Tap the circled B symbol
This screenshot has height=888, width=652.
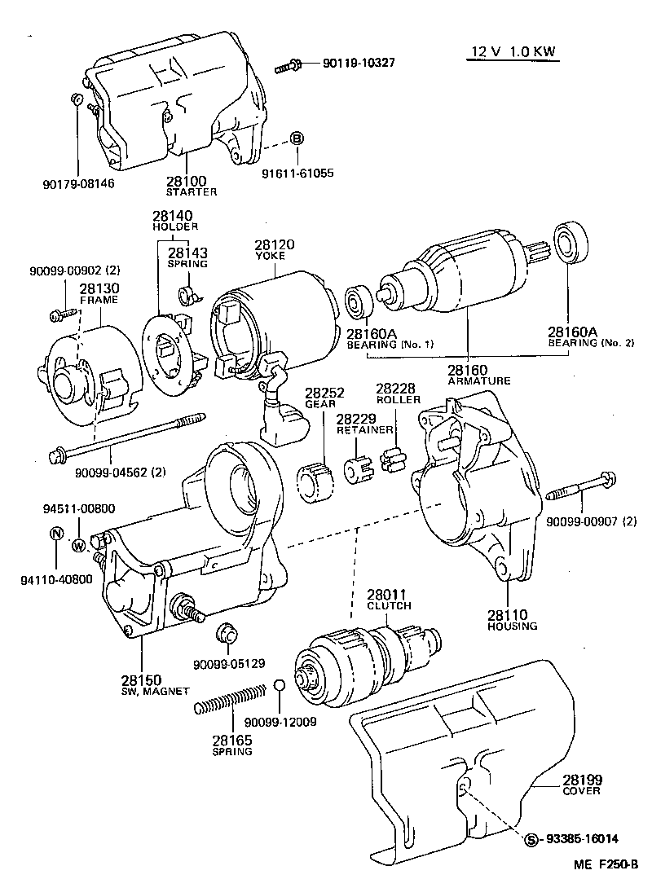297,138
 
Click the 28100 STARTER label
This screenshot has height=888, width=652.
192,186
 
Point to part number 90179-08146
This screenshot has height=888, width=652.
78,183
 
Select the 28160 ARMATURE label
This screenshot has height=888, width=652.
479,375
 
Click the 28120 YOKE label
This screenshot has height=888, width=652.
274,249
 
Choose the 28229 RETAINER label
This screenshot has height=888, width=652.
365,424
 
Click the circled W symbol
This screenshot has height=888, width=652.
79,545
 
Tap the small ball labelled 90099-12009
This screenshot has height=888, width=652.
279,685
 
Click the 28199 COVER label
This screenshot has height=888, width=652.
581,785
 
